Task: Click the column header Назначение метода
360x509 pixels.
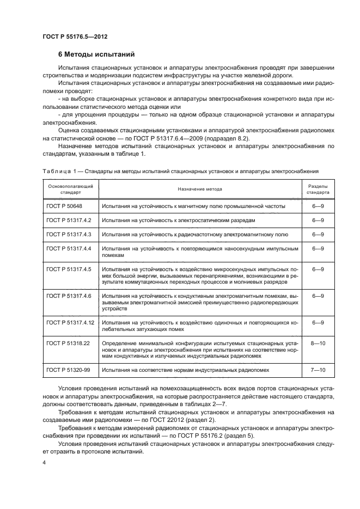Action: [199, 189]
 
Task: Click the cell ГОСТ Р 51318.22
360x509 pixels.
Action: [67, 343]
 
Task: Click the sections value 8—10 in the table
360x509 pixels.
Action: [318, 343]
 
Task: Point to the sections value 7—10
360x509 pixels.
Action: [318, 370]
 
